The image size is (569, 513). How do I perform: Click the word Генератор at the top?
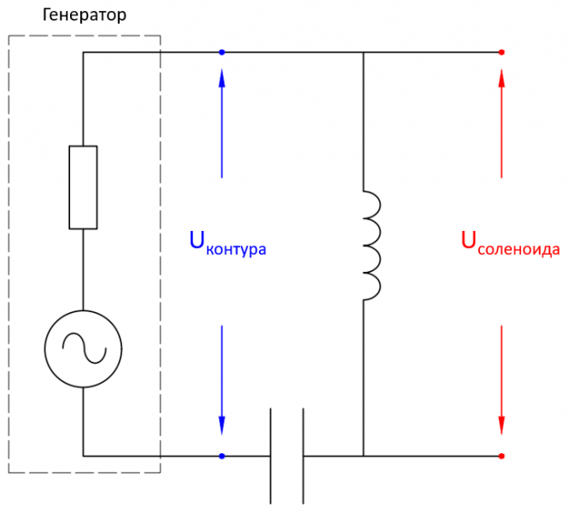pyautogui.click(x=84, y=15)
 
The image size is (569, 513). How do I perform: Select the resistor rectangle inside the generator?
pyautogui.click(x=83, y=187)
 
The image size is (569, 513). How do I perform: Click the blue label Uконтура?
pyautogui.click(x=227, y=244)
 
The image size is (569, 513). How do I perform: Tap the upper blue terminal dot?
pyautogui.click(x=222, y=52)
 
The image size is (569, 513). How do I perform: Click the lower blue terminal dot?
pyautogui.click(x=222, y=456)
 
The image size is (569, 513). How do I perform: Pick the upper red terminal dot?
pyautogui.click(x=502, y=52)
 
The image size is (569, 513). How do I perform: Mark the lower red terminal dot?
pyautogui.click(x=502, y=456)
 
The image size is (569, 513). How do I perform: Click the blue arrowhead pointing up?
pyautogui.click(x=222, y=77)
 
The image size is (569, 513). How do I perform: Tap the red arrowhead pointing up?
pyautogui.click(x=502, y=77)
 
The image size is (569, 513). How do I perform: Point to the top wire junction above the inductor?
pyautogui.click(x=364, y=52)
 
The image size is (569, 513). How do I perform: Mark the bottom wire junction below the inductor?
pyautogui.click(x=364, y=456)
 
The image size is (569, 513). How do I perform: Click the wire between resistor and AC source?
pyautogui.click(x=83, y=268)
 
